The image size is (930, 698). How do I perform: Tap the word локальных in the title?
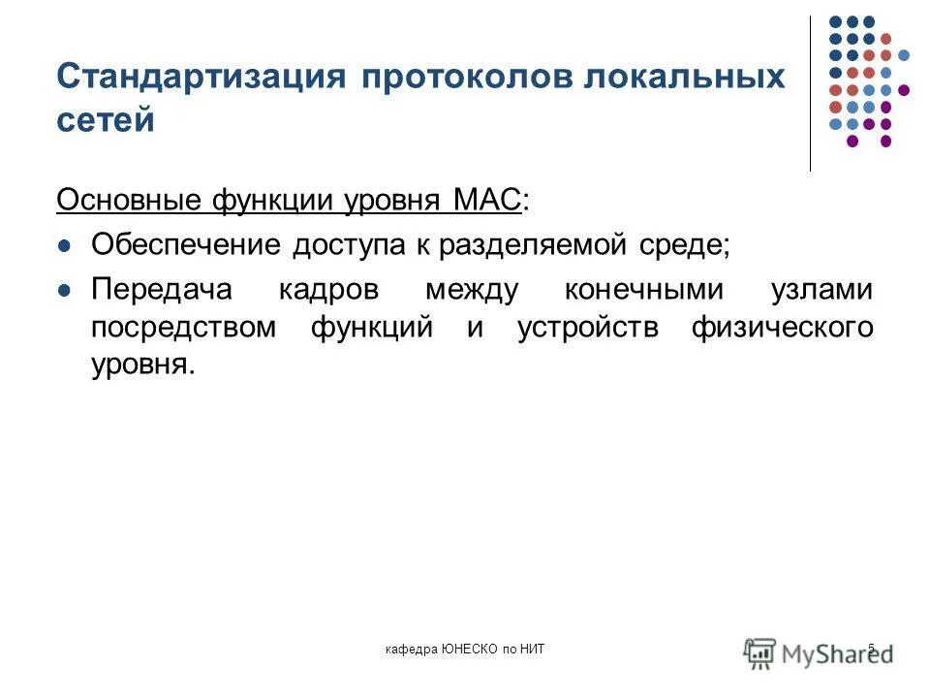(x=684, y=77)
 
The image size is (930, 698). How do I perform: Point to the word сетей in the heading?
(x=107, y=120)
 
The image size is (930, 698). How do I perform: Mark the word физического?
(x=782, y=328)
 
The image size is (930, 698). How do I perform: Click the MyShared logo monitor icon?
(x=760, y=650)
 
